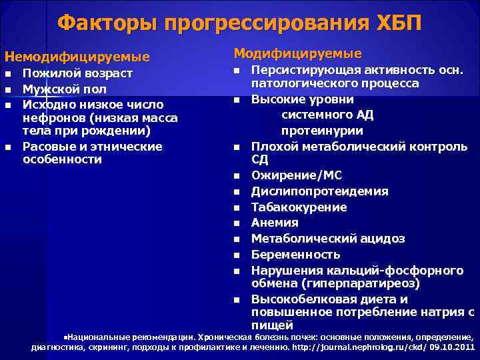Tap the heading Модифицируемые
coord(298,53)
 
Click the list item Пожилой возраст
coord(77,73)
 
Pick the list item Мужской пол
coord(65,89)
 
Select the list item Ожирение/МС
coord(296,175)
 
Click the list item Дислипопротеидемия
coord(319,191)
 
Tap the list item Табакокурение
coord(299,207)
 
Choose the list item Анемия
coord(275,223)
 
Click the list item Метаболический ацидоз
coord(319,239)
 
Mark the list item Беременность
coord(295,255)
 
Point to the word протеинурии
coord(319,130)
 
